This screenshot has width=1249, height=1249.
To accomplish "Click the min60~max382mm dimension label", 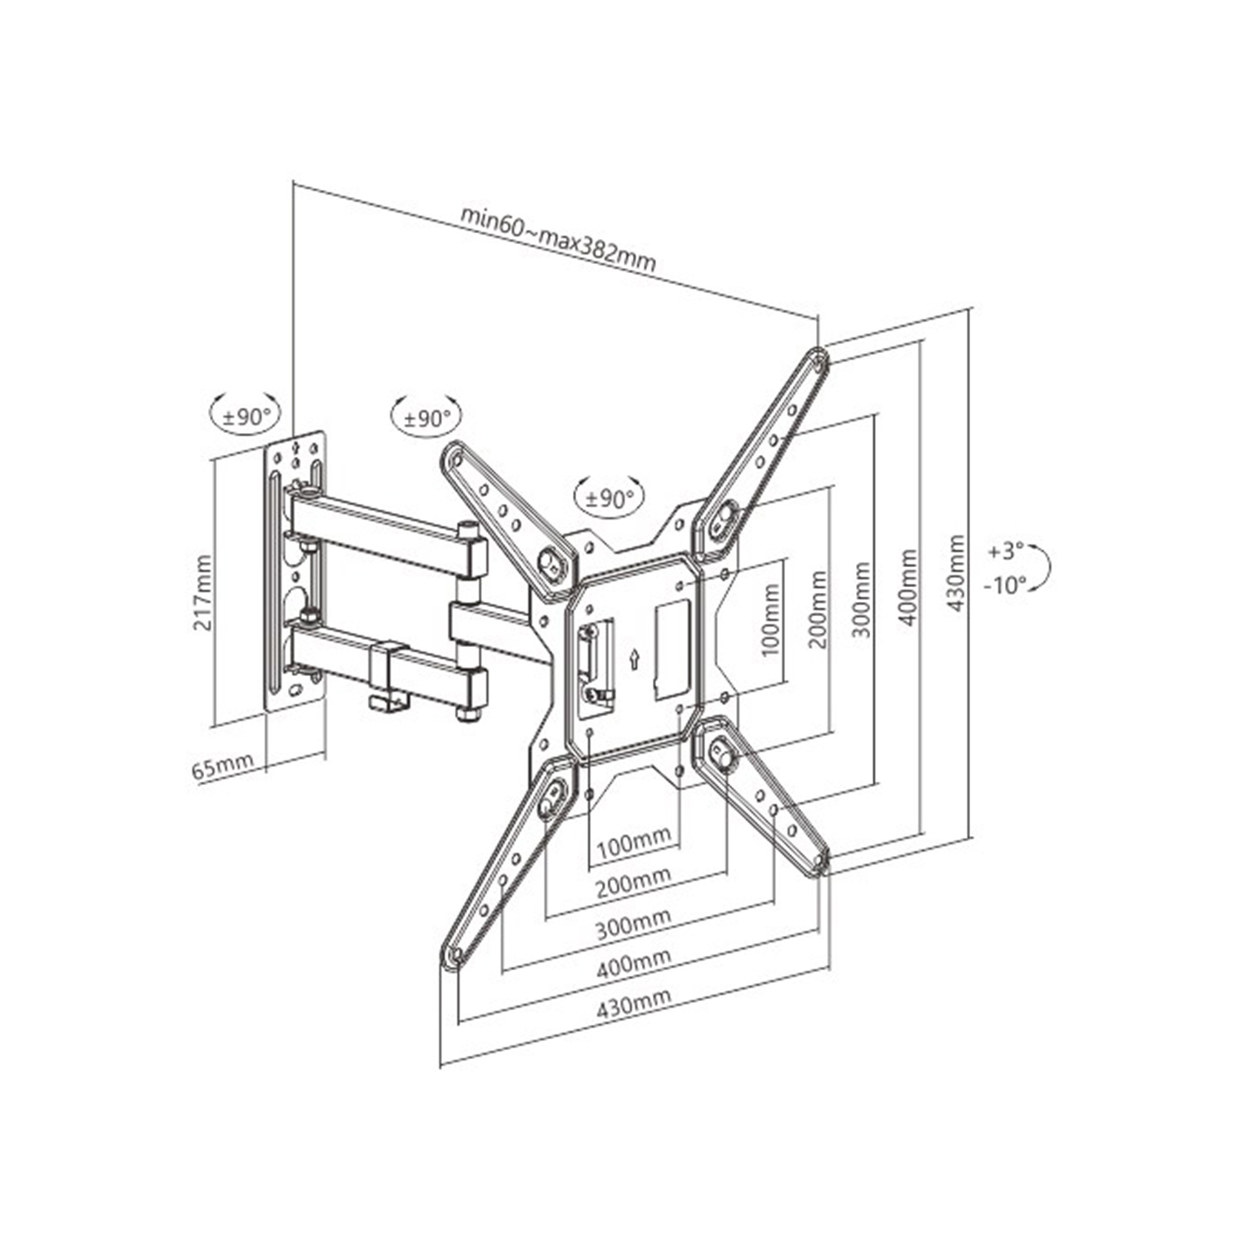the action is pos(559,240).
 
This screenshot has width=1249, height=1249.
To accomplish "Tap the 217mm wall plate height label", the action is pos(202,592).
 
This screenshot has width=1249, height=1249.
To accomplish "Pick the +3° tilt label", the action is pos(1006,551).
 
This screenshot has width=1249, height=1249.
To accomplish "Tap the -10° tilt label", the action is pos(1005,585).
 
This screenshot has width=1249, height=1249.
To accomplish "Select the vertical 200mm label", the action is pos(818,609).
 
